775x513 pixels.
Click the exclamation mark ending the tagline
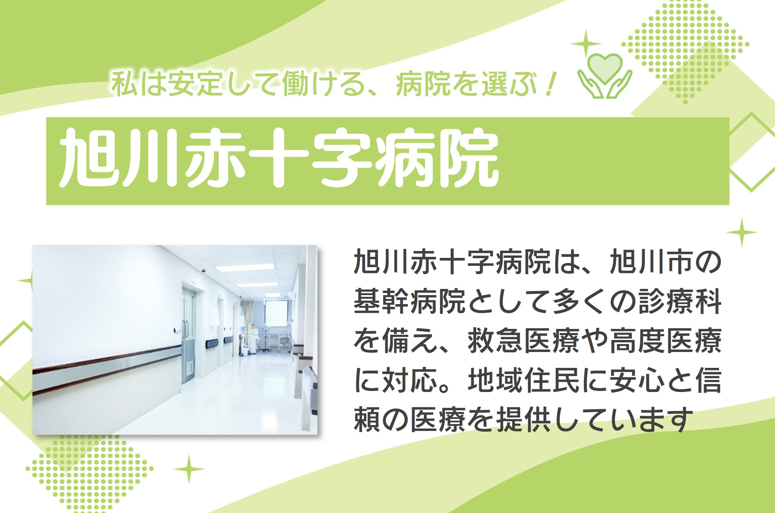[549, 84]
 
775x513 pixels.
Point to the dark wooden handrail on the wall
[107, 359]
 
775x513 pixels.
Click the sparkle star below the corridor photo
[189, 469]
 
